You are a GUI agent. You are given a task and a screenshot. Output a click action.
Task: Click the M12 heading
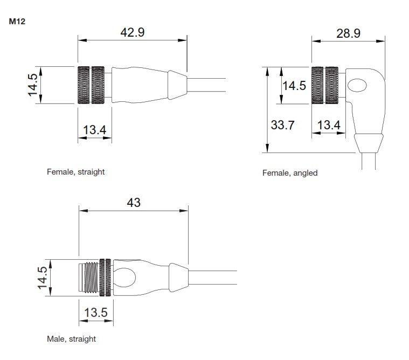tap(17, 22)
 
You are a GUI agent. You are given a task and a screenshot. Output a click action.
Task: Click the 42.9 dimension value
tap(132, 32)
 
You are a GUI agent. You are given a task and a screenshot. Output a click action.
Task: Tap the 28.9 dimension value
tap(348, 33)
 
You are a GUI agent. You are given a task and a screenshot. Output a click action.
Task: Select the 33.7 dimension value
tap(282, 125)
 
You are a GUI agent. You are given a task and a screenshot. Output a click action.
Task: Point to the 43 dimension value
tap(134, 203)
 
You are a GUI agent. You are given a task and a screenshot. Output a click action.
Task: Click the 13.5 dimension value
tap(96, 313)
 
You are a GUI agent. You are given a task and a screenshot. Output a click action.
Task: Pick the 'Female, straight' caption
tap(75, 172)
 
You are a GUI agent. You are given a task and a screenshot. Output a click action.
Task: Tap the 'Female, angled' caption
tap(290, 173)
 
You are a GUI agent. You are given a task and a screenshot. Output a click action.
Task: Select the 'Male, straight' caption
tap(71, 339)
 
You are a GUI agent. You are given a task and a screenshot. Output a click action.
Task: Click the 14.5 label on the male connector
tap(43, 278)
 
